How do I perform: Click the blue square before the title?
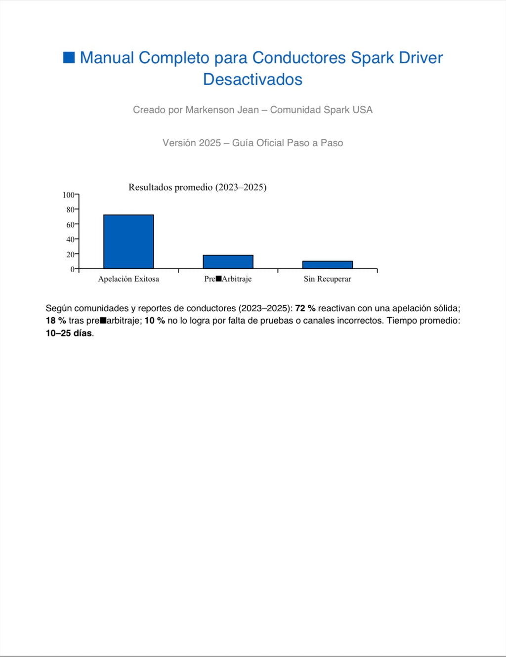[x=69, y=58]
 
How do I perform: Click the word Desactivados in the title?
[x=253, y=80]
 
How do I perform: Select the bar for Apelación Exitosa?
[x=128, y=242]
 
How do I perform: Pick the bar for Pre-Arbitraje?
[x=228, y=262]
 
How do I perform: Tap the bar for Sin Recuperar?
[x=327, y=265]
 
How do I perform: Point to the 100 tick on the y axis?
[x=69, y=195]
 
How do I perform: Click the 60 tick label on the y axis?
[x=70, y=225]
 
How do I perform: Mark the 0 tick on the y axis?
[x=73, y=269]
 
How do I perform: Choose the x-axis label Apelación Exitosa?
[x=128, y=279]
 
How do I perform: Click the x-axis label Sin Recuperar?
[x=327, y=279]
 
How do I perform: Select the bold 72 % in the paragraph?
[x=305, y=308]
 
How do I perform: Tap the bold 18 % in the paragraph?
[x=56, y=321]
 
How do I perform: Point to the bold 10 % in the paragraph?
[x=155, y=321]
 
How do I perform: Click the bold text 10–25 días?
[x=69, y=333]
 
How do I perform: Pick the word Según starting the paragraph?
[x=59, y=308]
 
